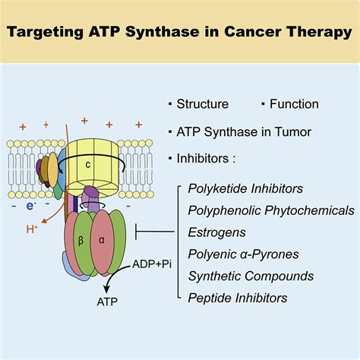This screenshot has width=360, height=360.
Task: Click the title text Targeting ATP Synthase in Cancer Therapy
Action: pos(180,33)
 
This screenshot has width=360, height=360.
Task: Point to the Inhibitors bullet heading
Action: pos(213,159)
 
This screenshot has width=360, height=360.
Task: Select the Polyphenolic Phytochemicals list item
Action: pos(271,210)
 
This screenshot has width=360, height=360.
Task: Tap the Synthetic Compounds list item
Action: pos(250,276)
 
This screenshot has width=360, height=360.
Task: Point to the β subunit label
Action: pos(79,239)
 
